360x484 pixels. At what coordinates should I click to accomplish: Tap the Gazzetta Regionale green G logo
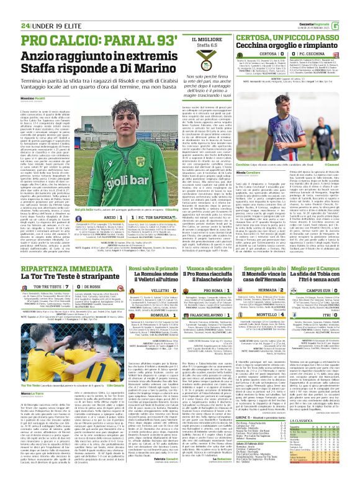coord(352,7)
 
